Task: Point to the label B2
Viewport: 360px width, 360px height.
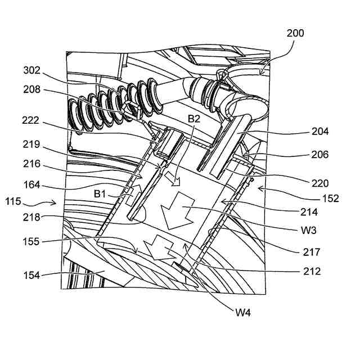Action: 195,119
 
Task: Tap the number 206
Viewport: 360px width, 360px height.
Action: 318,155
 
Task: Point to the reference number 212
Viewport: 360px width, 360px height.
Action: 310,272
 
